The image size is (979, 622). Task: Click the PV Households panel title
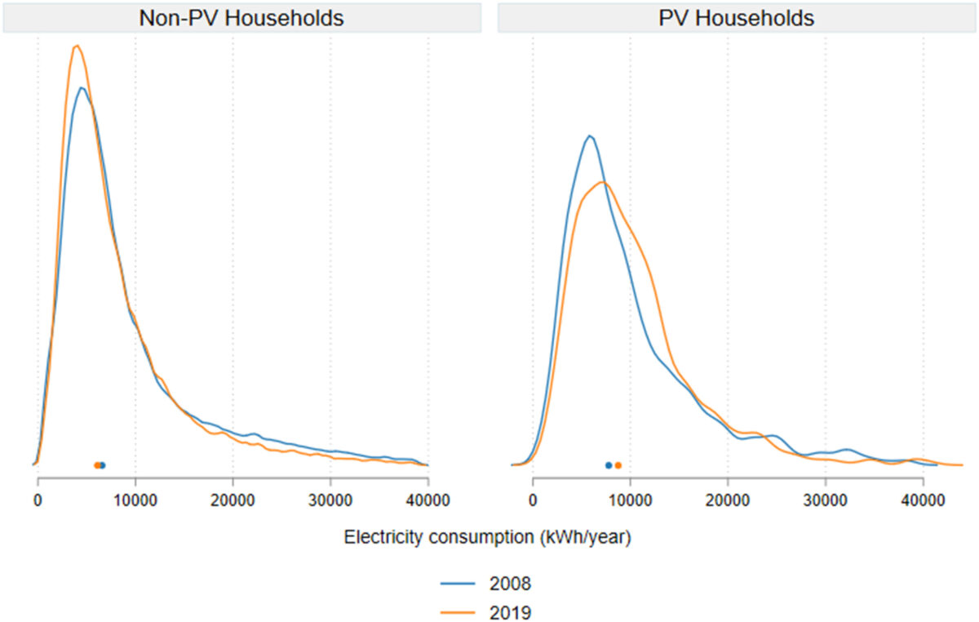[736, 18]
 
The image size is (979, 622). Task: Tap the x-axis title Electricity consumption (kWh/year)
[489, 538]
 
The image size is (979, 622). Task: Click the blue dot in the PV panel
[609, 465]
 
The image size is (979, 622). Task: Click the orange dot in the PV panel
[618, 465]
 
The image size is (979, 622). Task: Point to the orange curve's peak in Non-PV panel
[77, 46]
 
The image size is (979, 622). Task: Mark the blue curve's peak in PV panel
[589, 136]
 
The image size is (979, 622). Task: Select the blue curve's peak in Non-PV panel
[81, 87]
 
